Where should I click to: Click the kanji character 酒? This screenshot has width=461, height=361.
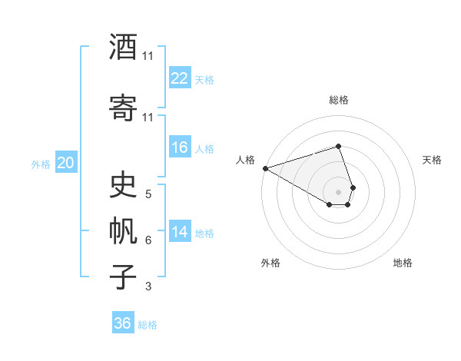pyautogui.click(x=124, y=48)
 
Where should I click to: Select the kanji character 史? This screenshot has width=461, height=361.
pyautogui.click(x=124, y=185)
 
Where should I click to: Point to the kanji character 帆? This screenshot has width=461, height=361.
pyautogui.click(x=124, y=231)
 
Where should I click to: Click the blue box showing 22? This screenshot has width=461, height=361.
pyautogui.click(x=180, y=78)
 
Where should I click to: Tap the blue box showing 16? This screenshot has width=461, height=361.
pyautogui.click(x=180, y=147)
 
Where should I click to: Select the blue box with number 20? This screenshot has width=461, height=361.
pyautogui.click(x=65, y=162)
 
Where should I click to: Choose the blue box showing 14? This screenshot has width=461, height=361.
pyautogui.click(x=180, y=232)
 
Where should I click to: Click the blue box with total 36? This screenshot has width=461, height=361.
pyautogui.click(x=123, y=323)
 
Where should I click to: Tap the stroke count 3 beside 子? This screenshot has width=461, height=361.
pyautogui.click(x=148, y=287)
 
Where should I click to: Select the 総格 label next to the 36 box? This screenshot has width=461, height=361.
pyautogui.click(x=148, y=325)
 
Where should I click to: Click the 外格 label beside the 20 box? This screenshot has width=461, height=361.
pyautogui.click(x=41, y=164)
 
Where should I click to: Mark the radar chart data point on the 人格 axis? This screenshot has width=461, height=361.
pyautogui.click(x=265, y=168)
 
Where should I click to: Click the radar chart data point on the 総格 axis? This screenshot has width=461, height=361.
pyautogui.click(x=338, y=146)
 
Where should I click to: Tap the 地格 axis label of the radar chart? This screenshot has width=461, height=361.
pyautogui.click(x=403, y=263)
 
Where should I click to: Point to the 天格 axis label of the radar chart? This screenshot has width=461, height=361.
pyautogui.click(x=432, y=160)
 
